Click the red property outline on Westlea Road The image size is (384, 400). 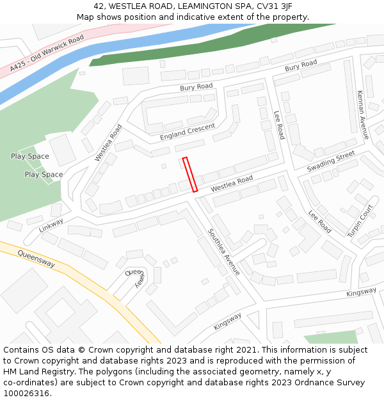click(x=190, y=175)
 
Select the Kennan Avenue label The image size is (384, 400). click(x=363, y=115)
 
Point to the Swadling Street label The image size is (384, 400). click(x=330, y=161)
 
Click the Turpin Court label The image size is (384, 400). click(x=360, y=221)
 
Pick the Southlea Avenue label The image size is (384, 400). click(x=223, y=252)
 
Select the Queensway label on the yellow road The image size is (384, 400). click(x=36, y=259)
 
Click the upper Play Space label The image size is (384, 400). click(x=29, y=156)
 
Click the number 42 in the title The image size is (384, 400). click(x=97, y=6)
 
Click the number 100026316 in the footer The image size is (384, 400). click(x=28, y=394)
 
